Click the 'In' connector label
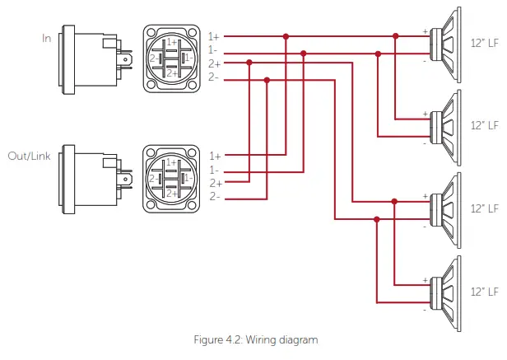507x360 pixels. click(x=48, y=38)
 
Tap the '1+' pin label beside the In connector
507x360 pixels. click(x=214, y=36)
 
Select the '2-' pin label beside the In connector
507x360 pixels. click(x=214, y=77)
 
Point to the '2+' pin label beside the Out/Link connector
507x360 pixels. click(x=214, y=183)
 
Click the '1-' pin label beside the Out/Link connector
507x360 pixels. click(x=214, y=169)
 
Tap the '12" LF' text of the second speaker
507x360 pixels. click(x=484, y=126)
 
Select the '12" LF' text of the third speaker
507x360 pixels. click(x=484, y=208)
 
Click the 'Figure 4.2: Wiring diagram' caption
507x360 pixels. click(x=254, y=339)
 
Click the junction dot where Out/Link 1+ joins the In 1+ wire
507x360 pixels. click(x=286, y=36)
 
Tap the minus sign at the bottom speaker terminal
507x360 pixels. click(x=426, y=311)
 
